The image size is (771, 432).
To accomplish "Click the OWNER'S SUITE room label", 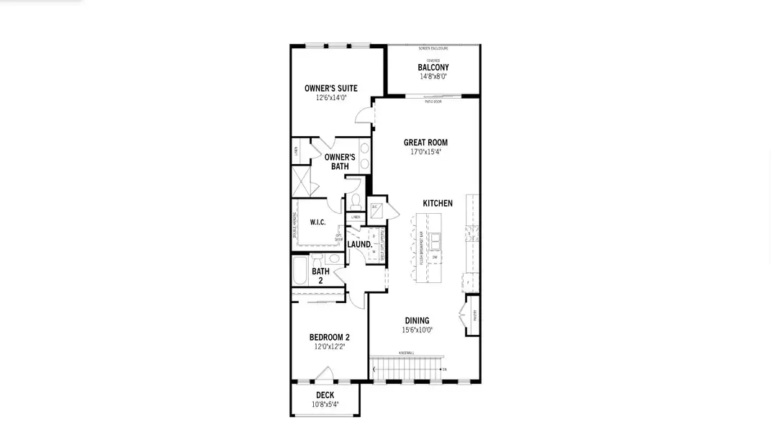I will [330, 89].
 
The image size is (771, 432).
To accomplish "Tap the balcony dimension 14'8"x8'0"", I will [433, 76].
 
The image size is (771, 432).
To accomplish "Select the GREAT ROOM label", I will [425, 143].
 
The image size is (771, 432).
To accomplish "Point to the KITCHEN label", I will [438, 204].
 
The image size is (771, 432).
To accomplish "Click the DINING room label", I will [417, 321].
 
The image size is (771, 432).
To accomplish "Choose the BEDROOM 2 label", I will [329, 338].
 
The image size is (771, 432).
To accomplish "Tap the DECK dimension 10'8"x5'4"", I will [325, 405].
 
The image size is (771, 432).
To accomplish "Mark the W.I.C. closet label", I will [317, 222].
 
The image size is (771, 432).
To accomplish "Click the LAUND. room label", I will [359, 245].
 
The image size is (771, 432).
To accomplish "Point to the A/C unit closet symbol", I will [376, 212].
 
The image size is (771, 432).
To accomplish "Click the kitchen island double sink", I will [436, 240].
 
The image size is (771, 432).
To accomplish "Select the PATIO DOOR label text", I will [433, 102].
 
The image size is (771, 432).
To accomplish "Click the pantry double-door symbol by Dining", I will [463, 315].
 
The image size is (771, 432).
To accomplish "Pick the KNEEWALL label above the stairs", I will [406, 353].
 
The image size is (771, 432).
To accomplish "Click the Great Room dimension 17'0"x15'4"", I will [425, 152].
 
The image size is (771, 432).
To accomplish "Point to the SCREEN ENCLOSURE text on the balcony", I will [433, 48].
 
